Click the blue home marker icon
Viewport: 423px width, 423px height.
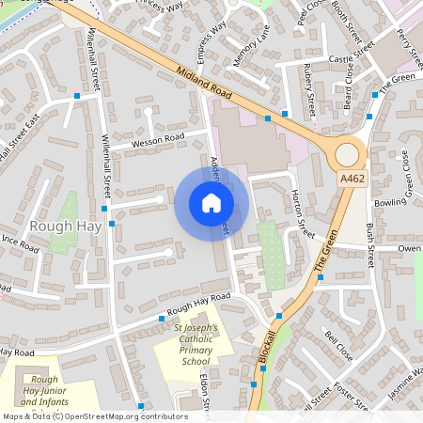[211, 203]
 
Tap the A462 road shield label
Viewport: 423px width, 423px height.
[352, 178]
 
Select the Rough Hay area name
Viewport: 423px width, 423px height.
[59, 226]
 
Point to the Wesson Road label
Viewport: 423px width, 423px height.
[159, 138]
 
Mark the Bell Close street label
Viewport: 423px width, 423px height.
[338, 346]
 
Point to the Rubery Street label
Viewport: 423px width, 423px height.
[309, 85]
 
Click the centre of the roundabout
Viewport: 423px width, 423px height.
[348, 152]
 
